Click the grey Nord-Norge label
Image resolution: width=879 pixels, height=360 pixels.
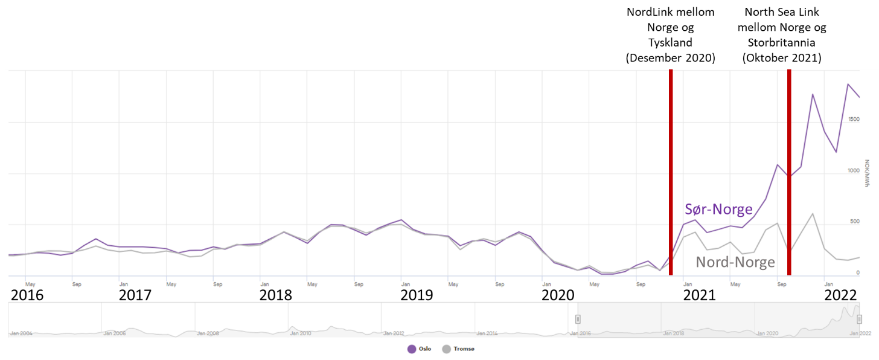[735, 262]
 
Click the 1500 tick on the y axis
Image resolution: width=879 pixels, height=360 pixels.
[853, 120]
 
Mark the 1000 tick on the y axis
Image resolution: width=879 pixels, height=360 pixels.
[853, 171]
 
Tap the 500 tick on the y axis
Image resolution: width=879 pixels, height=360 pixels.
[854, 222]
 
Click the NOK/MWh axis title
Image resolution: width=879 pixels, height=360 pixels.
[867, 173]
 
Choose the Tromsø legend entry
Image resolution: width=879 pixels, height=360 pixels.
[458, 349]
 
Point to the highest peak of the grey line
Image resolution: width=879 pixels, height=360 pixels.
[813, 213]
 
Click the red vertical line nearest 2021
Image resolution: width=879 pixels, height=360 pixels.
[671, 172]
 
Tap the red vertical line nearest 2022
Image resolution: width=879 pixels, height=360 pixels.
[789, 172]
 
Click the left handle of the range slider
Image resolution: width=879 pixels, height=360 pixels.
[578, 319]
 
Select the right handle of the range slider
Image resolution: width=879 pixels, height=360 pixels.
[860, 319]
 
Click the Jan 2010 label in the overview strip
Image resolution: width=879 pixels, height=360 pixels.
[300, 333]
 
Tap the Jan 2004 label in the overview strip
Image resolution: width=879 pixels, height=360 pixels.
[22, 333]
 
